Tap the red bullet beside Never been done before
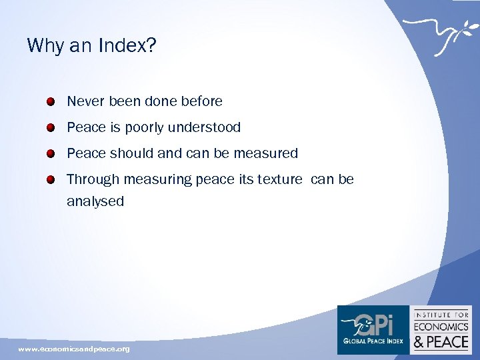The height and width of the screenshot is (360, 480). (51, 102)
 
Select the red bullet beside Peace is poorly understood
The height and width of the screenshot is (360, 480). (51, 128)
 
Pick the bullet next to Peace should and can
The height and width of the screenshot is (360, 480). (51, 154)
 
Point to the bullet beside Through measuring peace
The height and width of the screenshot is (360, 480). (51, 180)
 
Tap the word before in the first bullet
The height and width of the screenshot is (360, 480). (201, 102)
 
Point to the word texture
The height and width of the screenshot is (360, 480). (277, 179)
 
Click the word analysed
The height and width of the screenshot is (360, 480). (95, 201)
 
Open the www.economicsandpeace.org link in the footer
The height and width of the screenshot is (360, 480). (74, 349)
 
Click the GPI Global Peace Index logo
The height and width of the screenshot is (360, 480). (373, 329)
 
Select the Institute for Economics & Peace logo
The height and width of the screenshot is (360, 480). (441, 329)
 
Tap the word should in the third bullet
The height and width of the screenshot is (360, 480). (131, 153)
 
